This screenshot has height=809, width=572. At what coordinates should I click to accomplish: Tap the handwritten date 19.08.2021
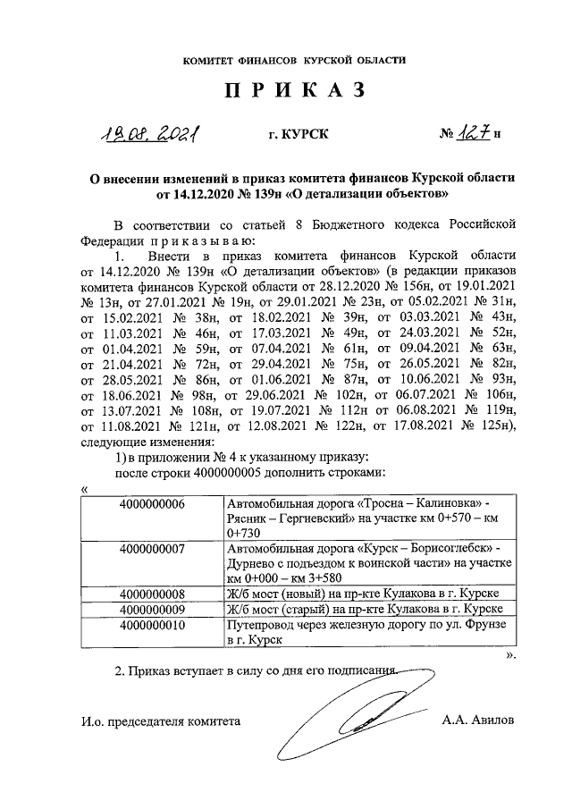pyautogui.click(x=148, y=135)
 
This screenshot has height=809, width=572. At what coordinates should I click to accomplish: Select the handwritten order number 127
pyautogui.click(x=475, y=134)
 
